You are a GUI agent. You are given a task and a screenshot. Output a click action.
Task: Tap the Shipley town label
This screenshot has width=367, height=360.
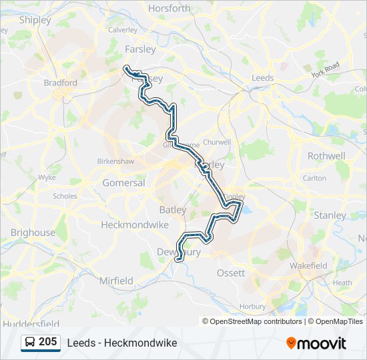point(35,20)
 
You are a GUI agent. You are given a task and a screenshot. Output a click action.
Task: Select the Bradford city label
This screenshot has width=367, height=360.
point(61,83)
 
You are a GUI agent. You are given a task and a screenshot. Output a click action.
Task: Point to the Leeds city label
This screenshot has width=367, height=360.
point(263,78)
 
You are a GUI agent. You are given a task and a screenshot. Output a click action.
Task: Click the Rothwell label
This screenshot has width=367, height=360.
point(326,156)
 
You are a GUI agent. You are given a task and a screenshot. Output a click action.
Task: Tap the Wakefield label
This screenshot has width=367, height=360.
point(308,265)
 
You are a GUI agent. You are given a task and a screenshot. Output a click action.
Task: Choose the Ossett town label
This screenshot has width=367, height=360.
point(231,273)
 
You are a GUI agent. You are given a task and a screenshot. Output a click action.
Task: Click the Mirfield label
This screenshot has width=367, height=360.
point(116,281)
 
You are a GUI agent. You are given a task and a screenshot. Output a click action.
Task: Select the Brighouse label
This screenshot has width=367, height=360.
point(33,233)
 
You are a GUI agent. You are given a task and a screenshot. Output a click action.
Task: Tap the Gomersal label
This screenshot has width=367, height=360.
point(123,183)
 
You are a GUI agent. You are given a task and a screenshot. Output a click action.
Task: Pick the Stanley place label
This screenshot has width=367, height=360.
point(330,215)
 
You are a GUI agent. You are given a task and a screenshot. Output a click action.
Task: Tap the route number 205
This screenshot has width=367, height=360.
point(47,342)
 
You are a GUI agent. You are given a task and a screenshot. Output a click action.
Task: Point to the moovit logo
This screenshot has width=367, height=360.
point(316,343)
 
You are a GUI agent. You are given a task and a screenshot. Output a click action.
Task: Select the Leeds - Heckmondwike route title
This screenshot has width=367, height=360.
point(121,343)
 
